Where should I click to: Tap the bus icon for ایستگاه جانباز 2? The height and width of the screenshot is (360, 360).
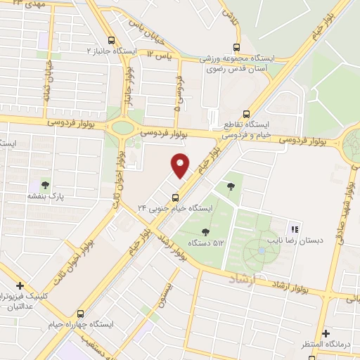(x=112, y=40)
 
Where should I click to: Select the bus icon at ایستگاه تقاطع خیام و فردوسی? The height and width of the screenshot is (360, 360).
(x=245, y=112)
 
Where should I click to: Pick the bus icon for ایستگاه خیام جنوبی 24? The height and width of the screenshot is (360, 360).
(x=175, y=197)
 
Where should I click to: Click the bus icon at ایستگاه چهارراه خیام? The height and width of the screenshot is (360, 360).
(x=82, y=314)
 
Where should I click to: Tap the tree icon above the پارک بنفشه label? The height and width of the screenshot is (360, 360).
(x=46, y=185)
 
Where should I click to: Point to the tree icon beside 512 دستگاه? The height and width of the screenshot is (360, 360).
(x=205, y=232)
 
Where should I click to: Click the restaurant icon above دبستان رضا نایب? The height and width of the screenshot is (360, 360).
(x=295, y=229)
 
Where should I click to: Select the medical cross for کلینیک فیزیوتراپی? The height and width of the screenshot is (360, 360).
(x=20, y=286)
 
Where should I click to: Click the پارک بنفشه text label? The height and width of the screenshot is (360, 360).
(x=46, y=198)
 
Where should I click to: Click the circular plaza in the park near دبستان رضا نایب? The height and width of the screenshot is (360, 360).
(x=262, y=250)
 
